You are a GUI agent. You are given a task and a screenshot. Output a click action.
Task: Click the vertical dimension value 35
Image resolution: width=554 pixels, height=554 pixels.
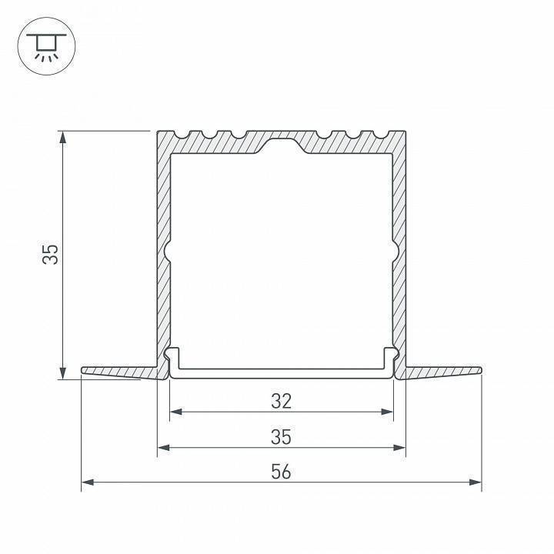pos(50,255)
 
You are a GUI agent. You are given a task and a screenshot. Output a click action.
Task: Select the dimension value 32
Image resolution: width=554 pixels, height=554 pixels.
pos(282,400)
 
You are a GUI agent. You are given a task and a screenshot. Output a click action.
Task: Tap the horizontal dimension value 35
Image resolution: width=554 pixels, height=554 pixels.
pos(282,436)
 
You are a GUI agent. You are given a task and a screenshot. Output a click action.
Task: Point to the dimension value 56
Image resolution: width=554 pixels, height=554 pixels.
pos(282,472)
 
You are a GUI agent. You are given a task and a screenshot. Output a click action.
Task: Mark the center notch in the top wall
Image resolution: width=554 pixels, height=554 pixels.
pos(282,144)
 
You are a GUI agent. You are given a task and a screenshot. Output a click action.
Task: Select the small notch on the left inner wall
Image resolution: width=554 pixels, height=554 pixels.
pos(167,252)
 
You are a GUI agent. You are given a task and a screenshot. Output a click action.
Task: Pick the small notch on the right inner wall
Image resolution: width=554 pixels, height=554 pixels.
pos(395,252)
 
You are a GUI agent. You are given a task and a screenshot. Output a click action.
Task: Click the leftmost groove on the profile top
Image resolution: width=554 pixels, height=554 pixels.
pos(184,136)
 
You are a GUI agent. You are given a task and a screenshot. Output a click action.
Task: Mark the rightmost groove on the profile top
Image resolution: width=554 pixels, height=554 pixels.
pos(379,136)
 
